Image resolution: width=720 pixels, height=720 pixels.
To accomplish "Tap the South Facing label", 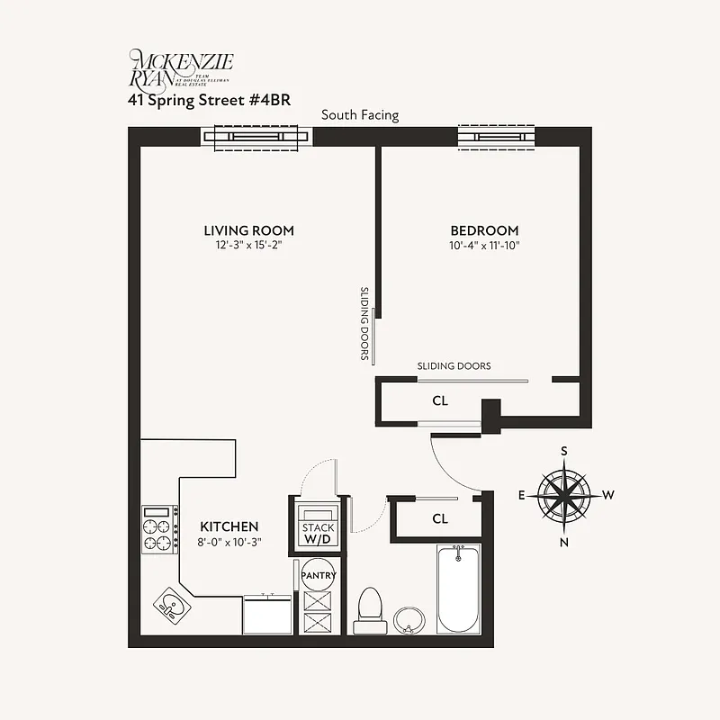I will click(x=360, y=115).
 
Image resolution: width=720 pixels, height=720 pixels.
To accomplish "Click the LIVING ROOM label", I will click(x=248, y=230).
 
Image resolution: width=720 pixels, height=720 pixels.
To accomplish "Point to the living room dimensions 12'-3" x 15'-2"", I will click(x=248, y=246).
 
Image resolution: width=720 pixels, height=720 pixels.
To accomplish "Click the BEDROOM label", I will click(x=484, y=230).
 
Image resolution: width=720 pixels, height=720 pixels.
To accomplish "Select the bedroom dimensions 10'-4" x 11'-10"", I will click(x=484, y=246).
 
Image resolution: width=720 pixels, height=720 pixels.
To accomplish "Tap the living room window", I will click(x=256, y=137).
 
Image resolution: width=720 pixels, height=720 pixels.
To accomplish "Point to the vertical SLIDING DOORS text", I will click(x=365, y=324).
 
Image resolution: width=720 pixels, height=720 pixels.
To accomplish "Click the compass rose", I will click(x=564, y=495).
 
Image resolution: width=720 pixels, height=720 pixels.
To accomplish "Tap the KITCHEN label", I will click(x=229, y=526).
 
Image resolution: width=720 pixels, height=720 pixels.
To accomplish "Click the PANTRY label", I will click(x=319, y=575).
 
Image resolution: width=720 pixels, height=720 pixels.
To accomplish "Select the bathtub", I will click(x=458, y=590).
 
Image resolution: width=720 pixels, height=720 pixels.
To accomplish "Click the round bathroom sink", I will click(x=410, y=619).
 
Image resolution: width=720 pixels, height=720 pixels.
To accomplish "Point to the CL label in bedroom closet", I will click(x=440, y=400).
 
